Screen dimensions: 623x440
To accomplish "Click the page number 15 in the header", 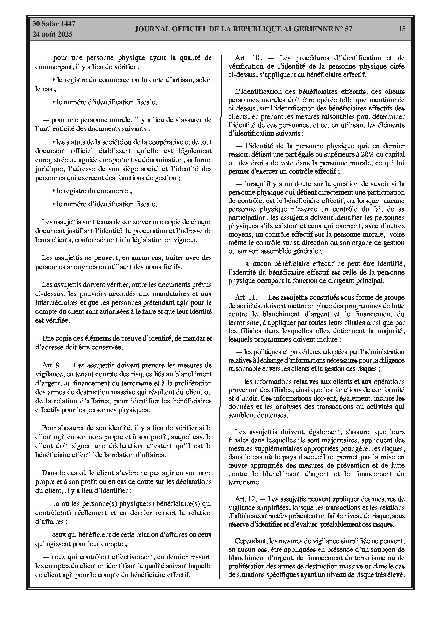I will point(402,29).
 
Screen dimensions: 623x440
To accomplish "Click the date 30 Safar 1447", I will point(54,24).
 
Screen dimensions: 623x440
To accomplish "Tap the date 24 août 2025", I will point(52,34).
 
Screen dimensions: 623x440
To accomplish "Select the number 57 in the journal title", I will point(348,29).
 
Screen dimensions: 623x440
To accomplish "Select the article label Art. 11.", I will point(246,297).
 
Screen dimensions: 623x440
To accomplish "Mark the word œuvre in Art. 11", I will point(238,465).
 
